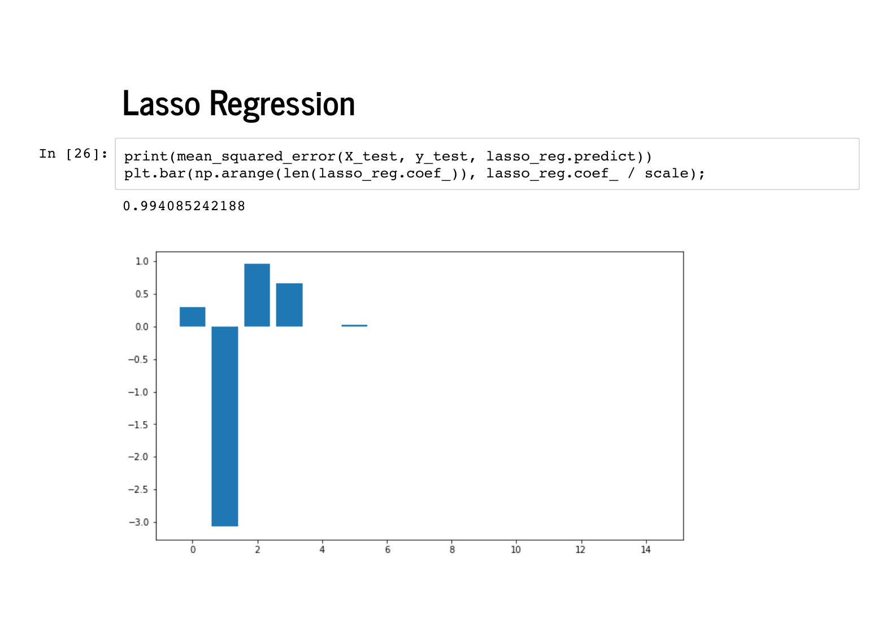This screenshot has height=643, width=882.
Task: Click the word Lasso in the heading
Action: [162, 103]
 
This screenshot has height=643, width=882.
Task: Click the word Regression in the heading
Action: [283, 105]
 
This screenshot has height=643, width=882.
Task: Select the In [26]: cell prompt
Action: [73, 154]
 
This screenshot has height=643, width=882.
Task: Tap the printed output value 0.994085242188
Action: [184, 206]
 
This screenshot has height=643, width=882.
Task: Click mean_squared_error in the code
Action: [256, 157]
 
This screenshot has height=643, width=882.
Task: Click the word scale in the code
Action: [666, 173]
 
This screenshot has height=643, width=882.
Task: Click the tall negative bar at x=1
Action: [225, 426]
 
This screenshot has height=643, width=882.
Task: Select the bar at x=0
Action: [193, 316]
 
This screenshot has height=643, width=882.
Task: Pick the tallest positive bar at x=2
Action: [257, 295]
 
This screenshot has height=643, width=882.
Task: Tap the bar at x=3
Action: [289, 305]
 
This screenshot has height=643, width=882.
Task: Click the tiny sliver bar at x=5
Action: [354, 325]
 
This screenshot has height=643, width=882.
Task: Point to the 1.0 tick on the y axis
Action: [142, 262]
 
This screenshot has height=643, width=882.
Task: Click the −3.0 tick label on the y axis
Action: [138, 522]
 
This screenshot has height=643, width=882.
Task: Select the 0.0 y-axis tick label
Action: [142, 327]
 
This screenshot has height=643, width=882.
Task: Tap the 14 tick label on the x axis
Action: [646, 550]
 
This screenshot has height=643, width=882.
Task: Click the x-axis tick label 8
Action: [452, 550]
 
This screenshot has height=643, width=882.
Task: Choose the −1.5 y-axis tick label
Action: [138, 424]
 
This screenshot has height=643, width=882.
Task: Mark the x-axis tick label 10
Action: [516, 550]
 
